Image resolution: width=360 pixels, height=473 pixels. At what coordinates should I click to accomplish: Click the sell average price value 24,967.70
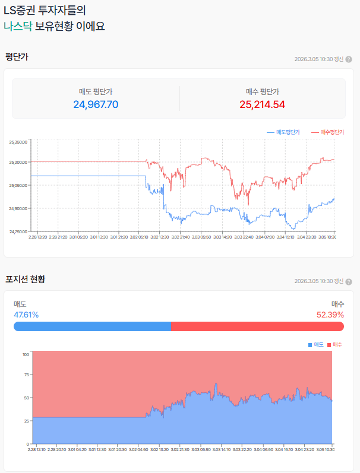pyautogui.click(x=96, y=104)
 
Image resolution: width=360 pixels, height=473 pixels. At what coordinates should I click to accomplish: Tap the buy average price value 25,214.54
pyautogui.click(x=262, y=104)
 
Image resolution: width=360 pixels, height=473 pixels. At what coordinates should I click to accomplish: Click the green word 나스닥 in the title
pyautogui.click(x=18, y=26)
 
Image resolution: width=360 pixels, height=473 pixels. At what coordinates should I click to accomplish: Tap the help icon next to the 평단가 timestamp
pyautogui.click(x=349, y=59)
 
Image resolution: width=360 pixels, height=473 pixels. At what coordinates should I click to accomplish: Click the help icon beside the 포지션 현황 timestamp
pyautogui.click(x=349, y=281)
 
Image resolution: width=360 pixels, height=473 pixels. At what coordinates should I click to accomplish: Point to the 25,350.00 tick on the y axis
pyautogui.click(x=18, y=142)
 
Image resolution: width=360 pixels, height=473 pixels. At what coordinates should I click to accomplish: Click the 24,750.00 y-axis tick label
pyautogui.click(x=18, y=231)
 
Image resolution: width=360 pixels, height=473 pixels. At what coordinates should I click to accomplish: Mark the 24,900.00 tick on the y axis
pyautogui.click(x=18, y=208)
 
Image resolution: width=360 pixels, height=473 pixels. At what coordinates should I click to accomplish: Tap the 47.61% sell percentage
pyautogui.click(x=26, y=315)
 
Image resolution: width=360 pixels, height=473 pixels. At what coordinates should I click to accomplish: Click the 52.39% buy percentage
pyautogui.click(x=330, y=315)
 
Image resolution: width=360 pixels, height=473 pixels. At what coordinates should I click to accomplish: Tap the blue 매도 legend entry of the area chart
pyautogui.click(x=316, y=345)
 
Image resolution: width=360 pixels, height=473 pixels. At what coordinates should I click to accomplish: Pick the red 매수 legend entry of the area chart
pyautogui.click(x=335, y=345)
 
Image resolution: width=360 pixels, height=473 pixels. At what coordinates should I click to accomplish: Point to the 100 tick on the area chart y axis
pyautogui.click(x=26, y=354)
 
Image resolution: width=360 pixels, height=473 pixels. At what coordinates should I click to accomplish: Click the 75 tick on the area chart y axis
pyautogui.click(x=26, y=375)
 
